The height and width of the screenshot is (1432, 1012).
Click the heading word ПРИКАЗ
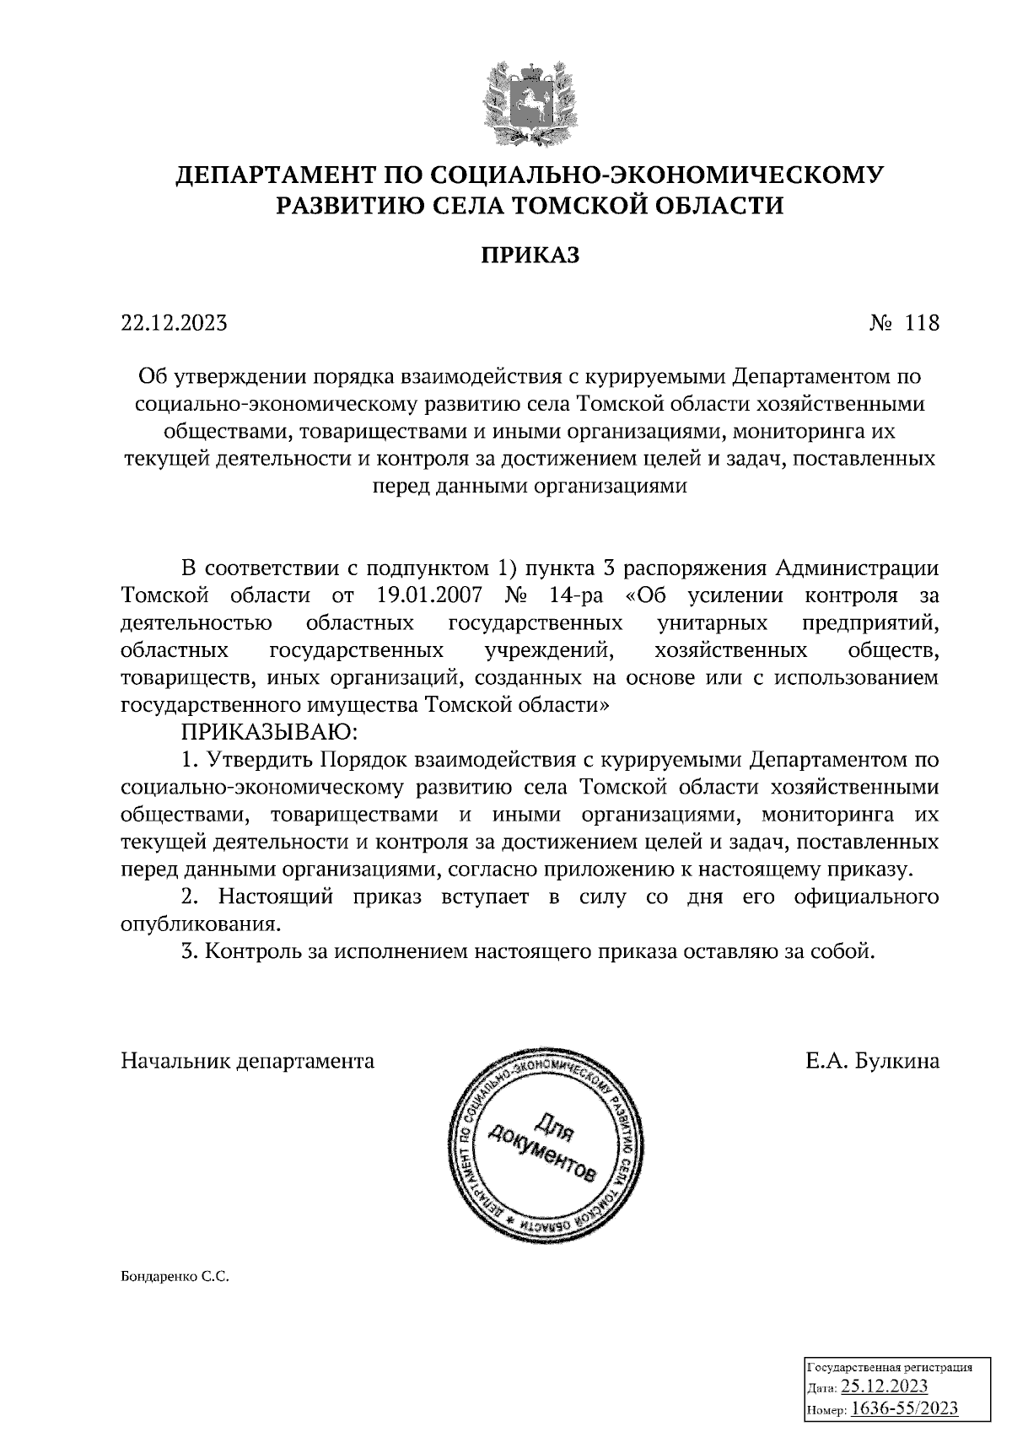coord(530,256)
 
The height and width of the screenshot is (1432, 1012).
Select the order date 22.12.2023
coord(175,323)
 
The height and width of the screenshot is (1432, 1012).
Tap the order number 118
coord(921,323)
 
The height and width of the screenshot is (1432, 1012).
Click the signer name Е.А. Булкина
coord(872,1060)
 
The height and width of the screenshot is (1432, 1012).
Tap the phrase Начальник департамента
coord(248,1060)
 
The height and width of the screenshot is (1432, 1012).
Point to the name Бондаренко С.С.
coord(175,1277)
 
